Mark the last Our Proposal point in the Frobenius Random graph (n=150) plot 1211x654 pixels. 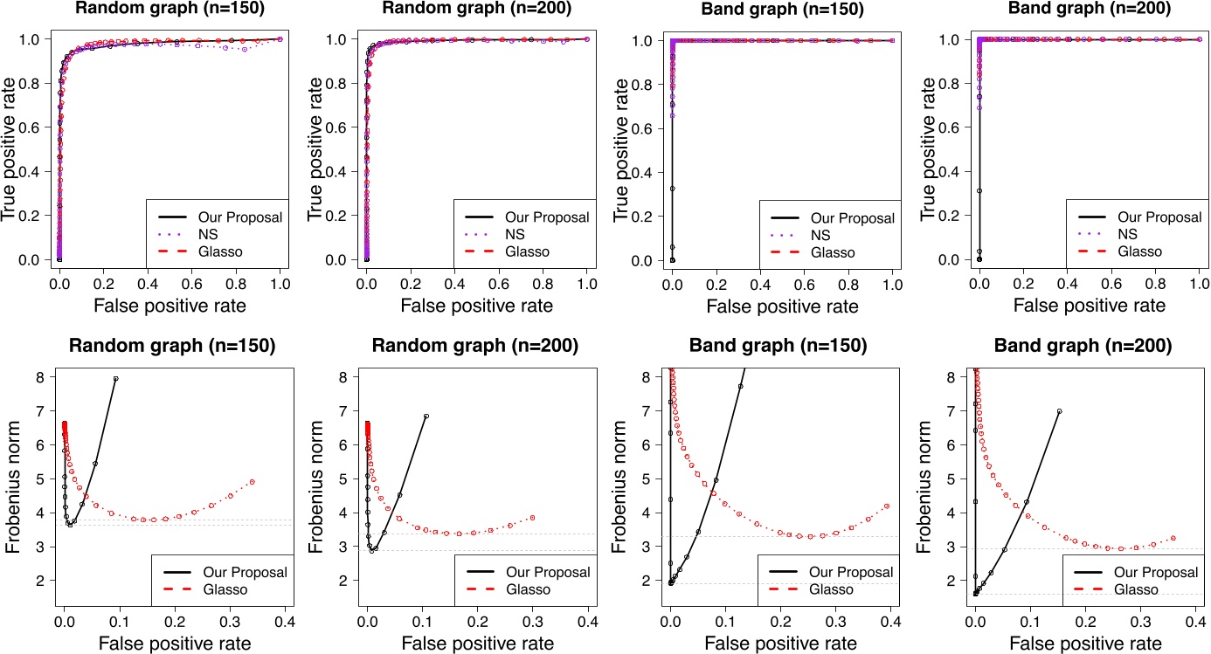tap(115, 378)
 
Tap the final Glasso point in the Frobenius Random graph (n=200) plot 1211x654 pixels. tap(532, 518)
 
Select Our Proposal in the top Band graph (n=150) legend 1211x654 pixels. tap(852, 218)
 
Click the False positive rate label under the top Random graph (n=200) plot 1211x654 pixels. tap(476, 306)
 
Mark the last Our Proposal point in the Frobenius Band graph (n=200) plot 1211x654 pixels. tap(1059, 411)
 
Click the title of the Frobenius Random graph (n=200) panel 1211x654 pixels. tap(476, 346)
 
